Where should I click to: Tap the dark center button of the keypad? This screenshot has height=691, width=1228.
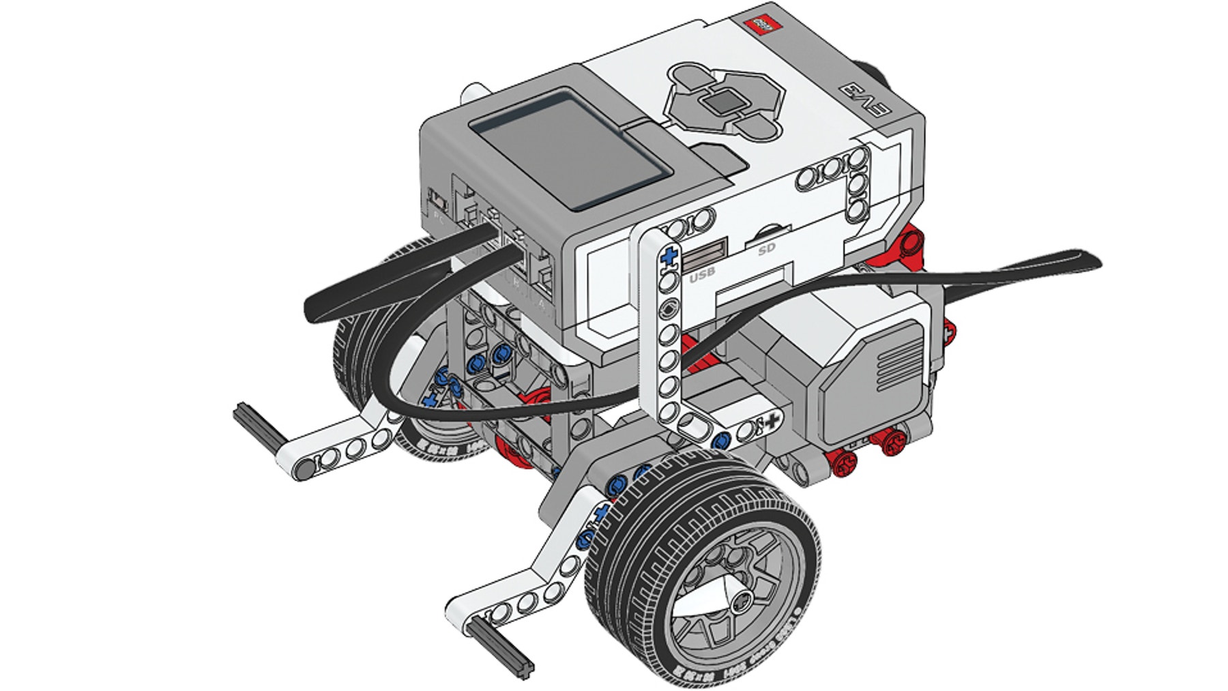tap(725, 103)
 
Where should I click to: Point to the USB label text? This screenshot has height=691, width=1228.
tap(702, 276)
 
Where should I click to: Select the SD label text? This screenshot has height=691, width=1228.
tap(767, 250)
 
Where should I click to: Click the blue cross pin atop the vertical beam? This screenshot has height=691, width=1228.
tap(669, 256)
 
